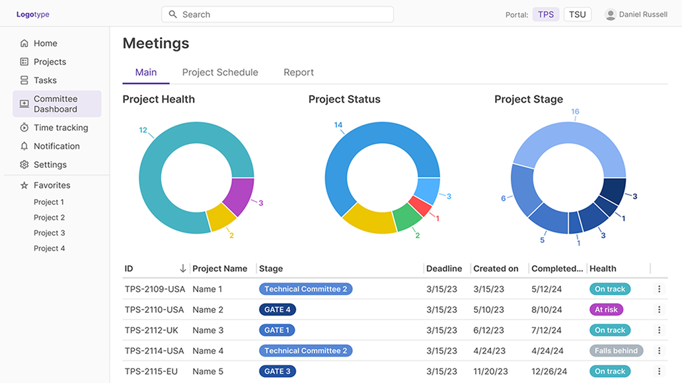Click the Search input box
coord(278,15)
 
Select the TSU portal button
coord(577,15)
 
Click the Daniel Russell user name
coord(643,15)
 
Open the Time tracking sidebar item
coord(61,128)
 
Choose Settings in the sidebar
coord(50,165)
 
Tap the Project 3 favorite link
coord(50,233)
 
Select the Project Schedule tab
coord(220,73)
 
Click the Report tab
coord(299,73)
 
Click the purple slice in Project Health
coord(240,196)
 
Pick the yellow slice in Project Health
coord(221,218)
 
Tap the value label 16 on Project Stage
coord(575,112)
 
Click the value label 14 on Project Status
coord(338,125)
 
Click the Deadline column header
coord(444,269)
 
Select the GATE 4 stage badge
coord(278,310)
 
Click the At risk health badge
coord(606,310)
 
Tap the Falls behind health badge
coord(616,351)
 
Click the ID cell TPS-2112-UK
coord(151,330)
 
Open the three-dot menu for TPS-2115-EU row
coord(659,371)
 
